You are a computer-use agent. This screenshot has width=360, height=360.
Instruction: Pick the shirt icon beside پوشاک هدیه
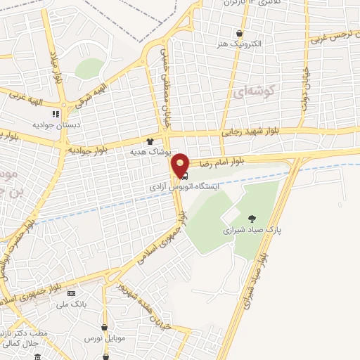tap(149, 141)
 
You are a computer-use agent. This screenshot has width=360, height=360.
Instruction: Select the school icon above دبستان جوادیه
tap(55, 114)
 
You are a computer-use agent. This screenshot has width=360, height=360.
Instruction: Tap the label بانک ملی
tap(70, 304)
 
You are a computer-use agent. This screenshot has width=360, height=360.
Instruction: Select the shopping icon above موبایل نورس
tap(105, 328)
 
